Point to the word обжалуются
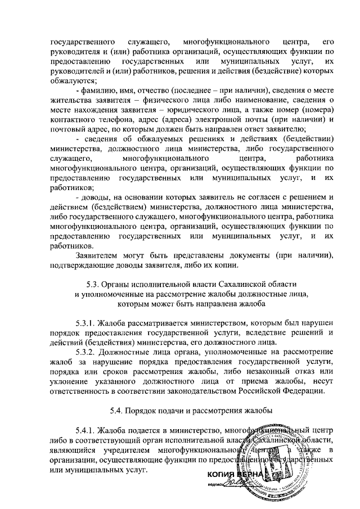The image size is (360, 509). (x=73, y=80)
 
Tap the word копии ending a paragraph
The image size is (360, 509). (x=228, y=266)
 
